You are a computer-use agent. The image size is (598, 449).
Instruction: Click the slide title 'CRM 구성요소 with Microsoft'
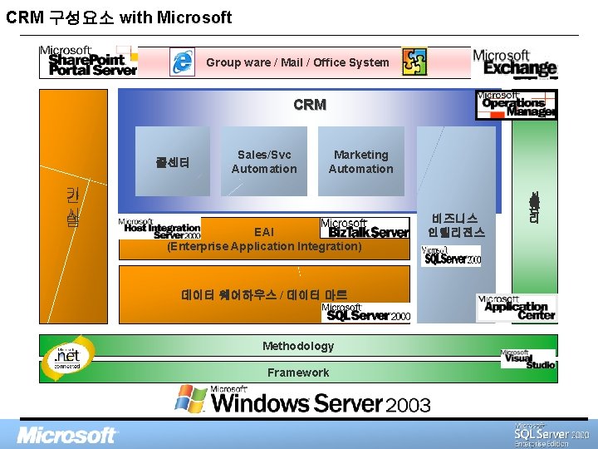119,17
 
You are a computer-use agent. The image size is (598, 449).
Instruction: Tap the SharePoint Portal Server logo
88,62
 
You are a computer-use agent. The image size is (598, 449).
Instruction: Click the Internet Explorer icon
182,62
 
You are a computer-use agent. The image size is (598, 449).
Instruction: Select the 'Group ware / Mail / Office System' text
297,62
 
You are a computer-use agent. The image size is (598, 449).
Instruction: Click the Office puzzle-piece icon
414,62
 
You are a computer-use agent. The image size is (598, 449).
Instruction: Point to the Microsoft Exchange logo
514,62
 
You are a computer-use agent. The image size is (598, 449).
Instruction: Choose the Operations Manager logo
516,105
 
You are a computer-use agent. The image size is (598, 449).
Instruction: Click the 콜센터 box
173,162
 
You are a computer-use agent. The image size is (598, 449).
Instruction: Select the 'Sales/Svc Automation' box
264,161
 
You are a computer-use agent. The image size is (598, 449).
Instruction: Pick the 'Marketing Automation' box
360,161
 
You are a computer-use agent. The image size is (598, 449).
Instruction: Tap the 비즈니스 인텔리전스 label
456,224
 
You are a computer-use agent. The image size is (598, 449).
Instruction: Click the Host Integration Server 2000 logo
159,229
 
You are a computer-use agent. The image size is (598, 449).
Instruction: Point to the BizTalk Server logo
365,228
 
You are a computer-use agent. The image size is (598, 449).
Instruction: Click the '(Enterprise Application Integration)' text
264,246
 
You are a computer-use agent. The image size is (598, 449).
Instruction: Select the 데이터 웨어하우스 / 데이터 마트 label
264,294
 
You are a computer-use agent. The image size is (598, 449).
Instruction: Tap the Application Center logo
517,308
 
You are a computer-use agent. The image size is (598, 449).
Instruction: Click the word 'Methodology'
298,346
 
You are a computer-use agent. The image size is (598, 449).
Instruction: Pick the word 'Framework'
298,373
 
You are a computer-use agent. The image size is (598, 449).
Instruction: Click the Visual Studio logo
528,360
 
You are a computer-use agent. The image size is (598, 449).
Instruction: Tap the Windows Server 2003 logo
302,401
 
